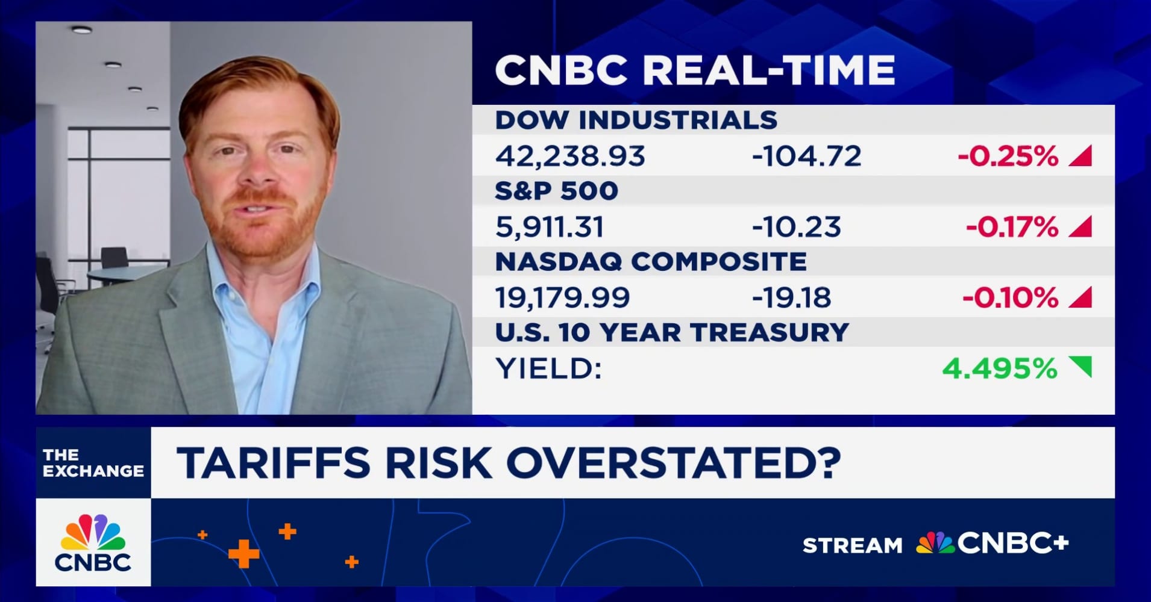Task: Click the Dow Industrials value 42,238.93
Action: [x=569, y=156]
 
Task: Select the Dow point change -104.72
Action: [x=806, y=156]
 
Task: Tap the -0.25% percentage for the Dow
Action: [x=1008, y=156]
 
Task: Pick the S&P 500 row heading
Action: [x=556, y=191]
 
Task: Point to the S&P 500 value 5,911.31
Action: [x=549, y=227]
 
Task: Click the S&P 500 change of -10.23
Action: [x=796, y=227]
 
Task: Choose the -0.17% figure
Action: [x=1012, y=227]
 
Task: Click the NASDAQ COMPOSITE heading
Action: [x=650, y=262]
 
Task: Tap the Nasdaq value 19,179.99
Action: [x=562, y=297]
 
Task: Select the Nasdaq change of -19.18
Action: [x=791, y=297]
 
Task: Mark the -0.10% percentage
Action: [x=1010, y=297]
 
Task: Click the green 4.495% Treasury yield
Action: [x=999, y=368]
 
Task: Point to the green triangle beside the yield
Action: [x=1082, y=365]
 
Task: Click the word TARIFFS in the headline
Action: [x=273, y=462]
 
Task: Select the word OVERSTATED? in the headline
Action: [x=673, y=462]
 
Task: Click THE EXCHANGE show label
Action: [x=93, y=463]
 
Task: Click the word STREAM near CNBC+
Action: [x=852, y=545]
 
